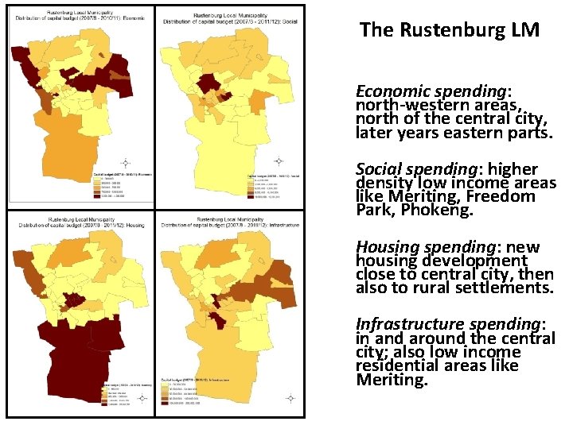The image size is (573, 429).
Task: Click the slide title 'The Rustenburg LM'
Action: [449, 31]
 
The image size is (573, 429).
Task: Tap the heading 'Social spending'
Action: [419, 169]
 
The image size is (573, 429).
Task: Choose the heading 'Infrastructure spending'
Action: [449, 324]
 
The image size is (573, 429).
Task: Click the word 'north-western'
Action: [406, 106]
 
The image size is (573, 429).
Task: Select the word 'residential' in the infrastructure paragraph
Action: [397, 365]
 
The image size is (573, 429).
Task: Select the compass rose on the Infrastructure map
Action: [290, 397]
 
